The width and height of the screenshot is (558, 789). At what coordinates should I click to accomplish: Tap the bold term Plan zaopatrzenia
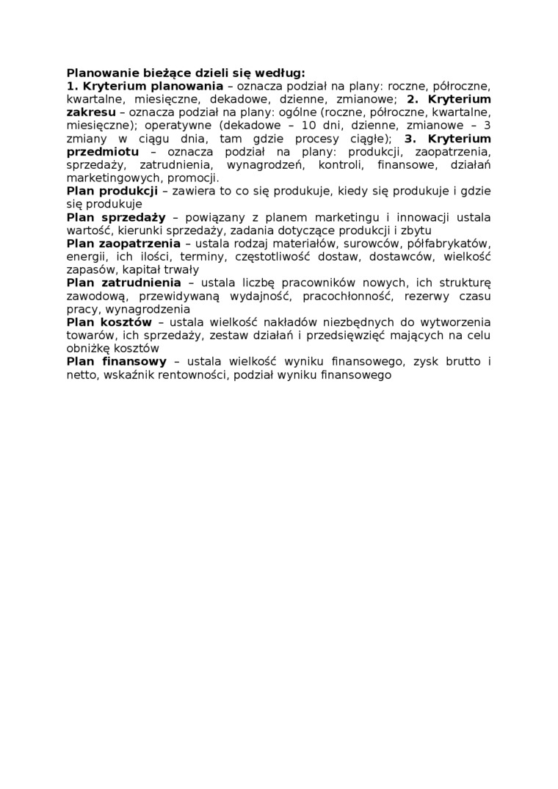click(123, 244)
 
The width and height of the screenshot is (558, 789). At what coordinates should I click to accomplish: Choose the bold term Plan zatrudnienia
click(123, 283)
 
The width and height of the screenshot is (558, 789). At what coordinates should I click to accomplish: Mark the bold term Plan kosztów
click(109, 323)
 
